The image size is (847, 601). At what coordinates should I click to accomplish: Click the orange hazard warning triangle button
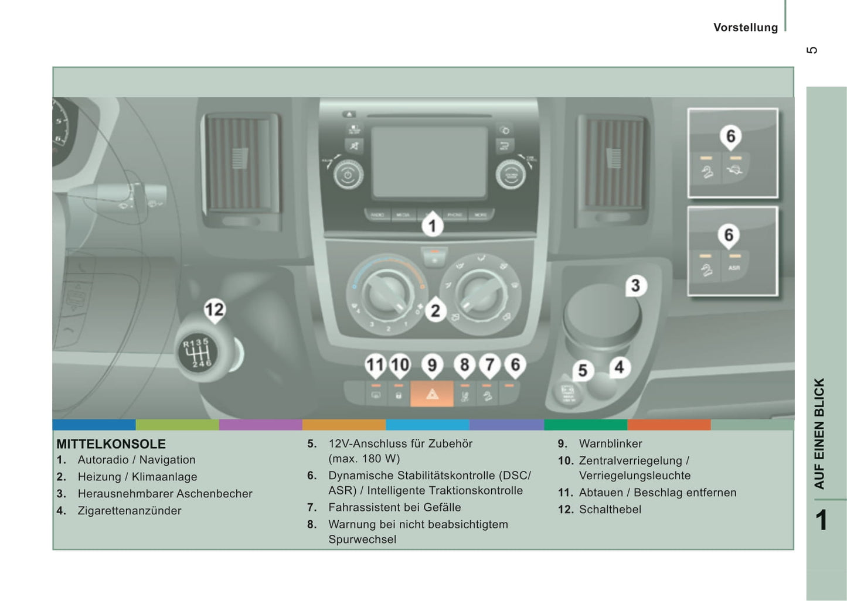[x=432, y=394]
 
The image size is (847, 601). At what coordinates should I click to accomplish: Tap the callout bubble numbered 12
[x=214, y=310]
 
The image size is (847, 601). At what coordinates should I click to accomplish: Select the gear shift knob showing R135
[x=197, y=353]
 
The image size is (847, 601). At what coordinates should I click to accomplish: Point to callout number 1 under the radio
[x=433, y=225]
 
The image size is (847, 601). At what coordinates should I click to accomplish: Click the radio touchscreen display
[x=429, y=162]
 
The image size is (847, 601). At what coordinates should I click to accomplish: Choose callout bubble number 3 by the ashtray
[x=635, y=285]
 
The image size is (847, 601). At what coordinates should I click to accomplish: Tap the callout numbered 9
[x=432, y=365]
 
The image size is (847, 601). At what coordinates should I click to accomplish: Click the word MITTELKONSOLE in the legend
[x=111, y=444]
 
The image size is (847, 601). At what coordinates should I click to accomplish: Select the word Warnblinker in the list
[x=610, y=443]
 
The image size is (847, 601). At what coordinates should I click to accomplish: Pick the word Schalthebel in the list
[x=610, y=510]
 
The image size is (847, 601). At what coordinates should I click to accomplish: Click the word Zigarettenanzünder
[x=129, y=511]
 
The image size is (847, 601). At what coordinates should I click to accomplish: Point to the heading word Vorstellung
[x=745, y=28]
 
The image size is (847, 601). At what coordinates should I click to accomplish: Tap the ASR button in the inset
[x=734, y=268]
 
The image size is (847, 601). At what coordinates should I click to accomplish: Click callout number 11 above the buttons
[x=375, y=365]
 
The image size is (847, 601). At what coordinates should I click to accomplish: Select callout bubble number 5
[x=582, y=370]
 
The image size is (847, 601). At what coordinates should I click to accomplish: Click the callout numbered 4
[x=619, y=368]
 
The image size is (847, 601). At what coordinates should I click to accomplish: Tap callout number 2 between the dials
[x=435, y=310]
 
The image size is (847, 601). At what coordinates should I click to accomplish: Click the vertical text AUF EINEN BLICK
[x=819, y=433]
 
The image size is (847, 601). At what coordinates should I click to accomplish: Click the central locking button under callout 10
[x=399, y=395]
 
